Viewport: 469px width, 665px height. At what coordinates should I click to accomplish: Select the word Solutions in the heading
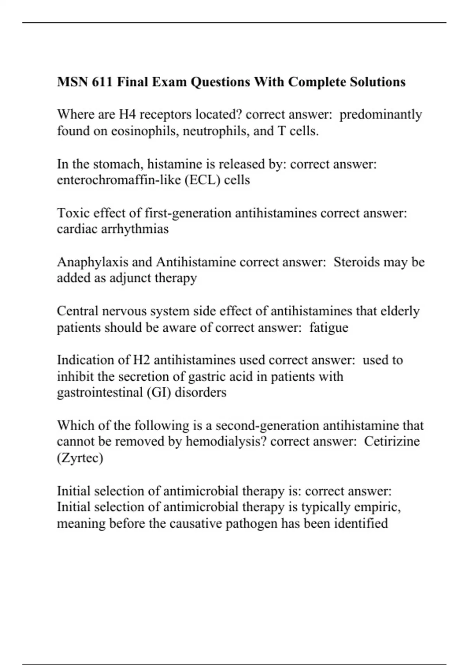[378, 82]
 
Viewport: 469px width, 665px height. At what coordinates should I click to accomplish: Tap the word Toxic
[71, 213]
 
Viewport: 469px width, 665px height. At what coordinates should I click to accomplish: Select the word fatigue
[328, 327]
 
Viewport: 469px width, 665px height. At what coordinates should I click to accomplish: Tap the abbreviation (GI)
[159, 392]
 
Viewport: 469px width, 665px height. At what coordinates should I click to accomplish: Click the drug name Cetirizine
[392, 442]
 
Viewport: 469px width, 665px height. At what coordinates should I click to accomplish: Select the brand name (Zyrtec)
[80, 458]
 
